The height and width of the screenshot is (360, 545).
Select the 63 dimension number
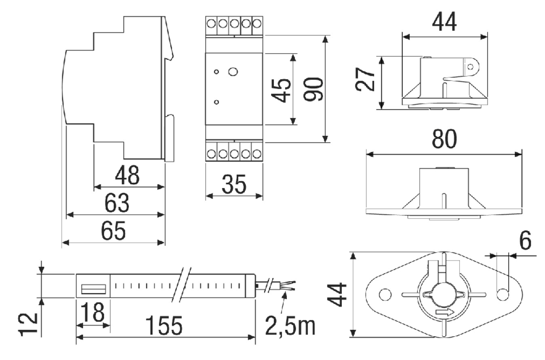(x=117, y=203)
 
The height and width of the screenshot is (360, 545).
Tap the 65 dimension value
(x=113, y=231)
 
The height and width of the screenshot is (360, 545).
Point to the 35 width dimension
(x=234, y=184)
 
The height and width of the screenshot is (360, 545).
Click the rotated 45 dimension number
(x=281, y=90)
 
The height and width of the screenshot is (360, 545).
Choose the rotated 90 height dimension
(x=313, y=89)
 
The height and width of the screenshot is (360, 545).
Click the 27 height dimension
(x=365, y=79)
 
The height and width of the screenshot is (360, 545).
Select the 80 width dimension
(x=444, y=139)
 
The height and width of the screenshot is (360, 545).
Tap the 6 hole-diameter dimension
(x=526, y=241)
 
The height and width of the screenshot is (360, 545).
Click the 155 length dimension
(x=163, y=326)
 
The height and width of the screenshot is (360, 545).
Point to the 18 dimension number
(x=93, y=312)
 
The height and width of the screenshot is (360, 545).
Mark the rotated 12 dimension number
(x=28, y=324)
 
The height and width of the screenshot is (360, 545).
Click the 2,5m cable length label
(x=290, y=326)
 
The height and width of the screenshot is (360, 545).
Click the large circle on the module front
(x=233, y=72)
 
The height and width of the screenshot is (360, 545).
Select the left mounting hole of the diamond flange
(x=385, y=295)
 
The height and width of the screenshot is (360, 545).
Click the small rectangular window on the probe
(x=94, y=289)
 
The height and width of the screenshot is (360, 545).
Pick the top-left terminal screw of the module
(x=211, y=23)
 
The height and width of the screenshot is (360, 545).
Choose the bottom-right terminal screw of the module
(x=257, y=153)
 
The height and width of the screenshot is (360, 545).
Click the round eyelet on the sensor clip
(x=470, y=66)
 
